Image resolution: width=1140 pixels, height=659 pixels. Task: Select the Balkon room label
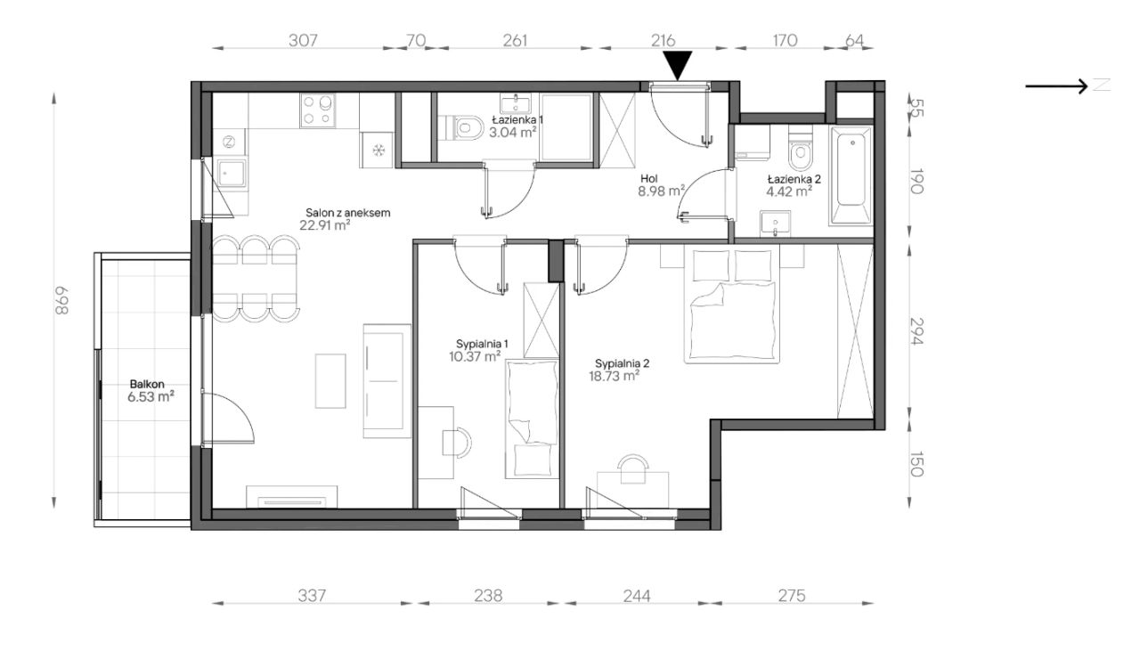[x=147, y=384]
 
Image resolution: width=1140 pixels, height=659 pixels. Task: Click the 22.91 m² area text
[x=325, y=225]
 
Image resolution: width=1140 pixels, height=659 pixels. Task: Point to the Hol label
[x=649, y=179]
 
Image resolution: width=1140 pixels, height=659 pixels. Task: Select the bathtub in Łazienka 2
[x=852, y=175]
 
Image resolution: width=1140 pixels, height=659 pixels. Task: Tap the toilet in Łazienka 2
[x=801, y=148]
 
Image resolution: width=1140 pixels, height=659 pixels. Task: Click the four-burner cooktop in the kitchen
[x=318, y=110]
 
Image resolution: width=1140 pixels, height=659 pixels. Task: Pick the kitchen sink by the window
[x=232, y=173]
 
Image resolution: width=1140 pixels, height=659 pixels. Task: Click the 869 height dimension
[x=61, y=300]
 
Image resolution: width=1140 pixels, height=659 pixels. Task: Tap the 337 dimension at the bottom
[x=312, y=595]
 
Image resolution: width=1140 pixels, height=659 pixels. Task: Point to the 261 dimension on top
[x=515, y=40]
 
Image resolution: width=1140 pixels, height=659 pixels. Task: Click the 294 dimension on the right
[x=916, y=331]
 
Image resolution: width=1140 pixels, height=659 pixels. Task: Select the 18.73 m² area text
[x=614, y=376]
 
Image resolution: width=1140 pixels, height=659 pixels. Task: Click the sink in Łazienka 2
[x=776, y=224]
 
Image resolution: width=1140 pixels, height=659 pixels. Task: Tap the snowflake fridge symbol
[x=379, y=151]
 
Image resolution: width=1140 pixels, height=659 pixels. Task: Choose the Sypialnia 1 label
[x=482, y=344]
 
